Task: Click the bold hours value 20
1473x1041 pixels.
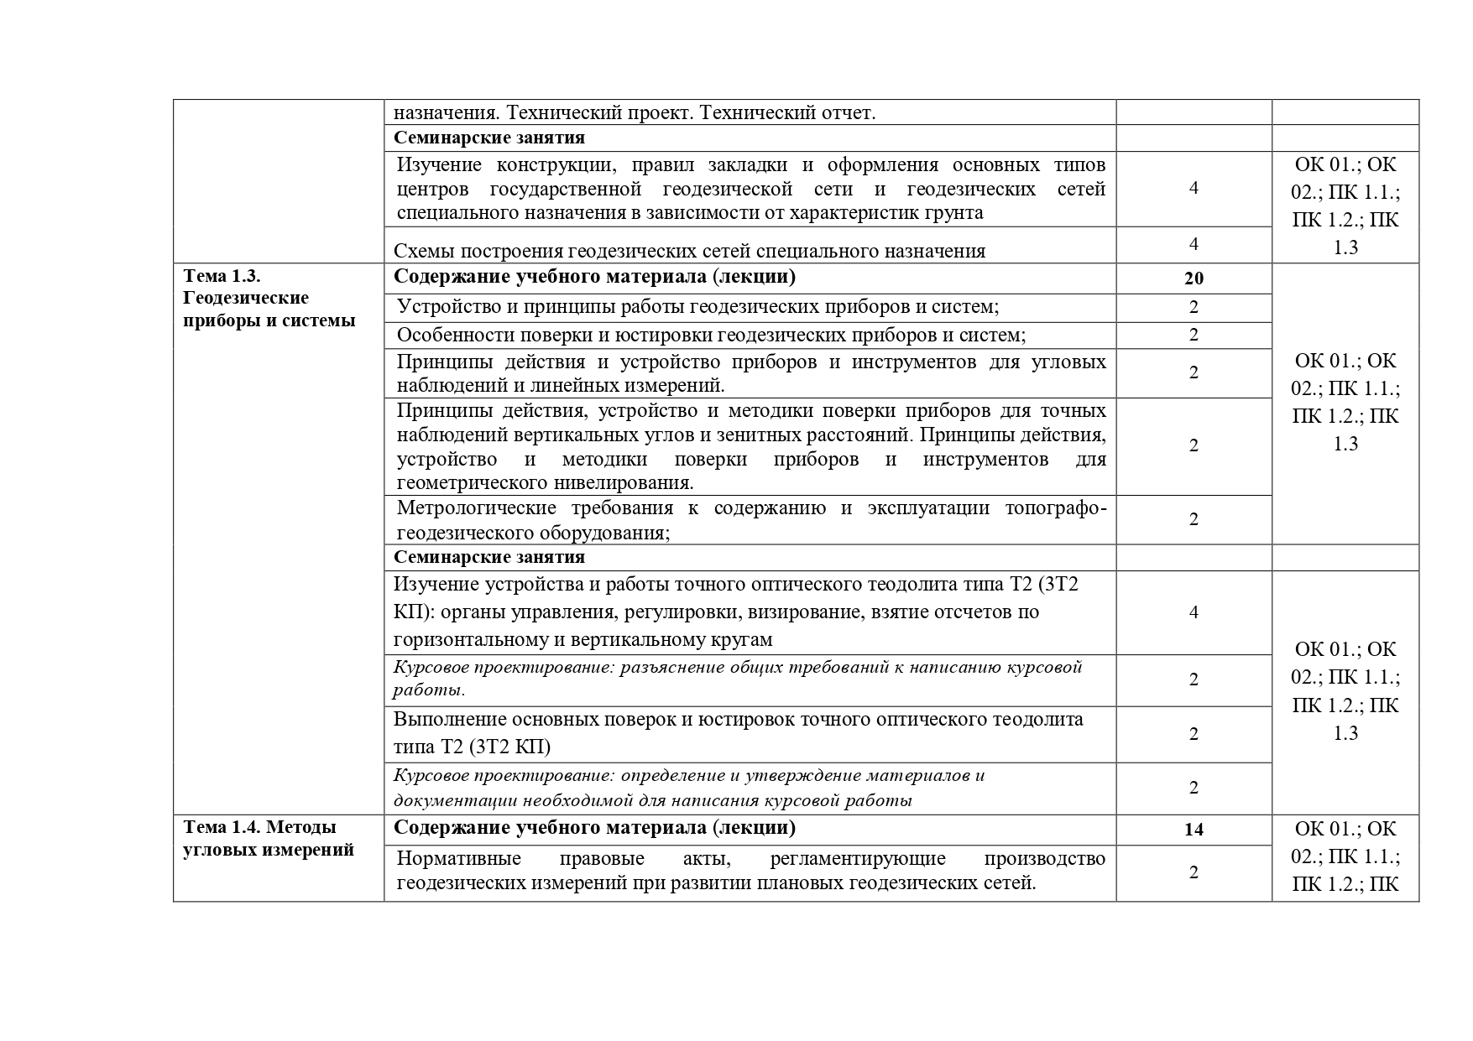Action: coord(1194,278)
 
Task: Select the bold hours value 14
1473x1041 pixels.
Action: coord(1194,830)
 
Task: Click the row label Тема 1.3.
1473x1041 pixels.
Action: coord(223,276)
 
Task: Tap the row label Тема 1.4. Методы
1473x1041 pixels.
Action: coord(259,827)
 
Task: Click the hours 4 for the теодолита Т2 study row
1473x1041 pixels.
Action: coord(1194,612)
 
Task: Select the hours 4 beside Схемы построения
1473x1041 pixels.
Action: coord(1194,244)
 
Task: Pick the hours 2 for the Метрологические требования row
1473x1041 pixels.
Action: coord(1194,519)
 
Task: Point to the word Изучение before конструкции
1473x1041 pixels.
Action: coord(440,164)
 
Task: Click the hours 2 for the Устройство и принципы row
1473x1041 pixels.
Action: coord(1194,307)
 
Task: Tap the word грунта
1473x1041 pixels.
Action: coord(954,212)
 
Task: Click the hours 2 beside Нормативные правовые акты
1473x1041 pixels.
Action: coord(1194,872)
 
